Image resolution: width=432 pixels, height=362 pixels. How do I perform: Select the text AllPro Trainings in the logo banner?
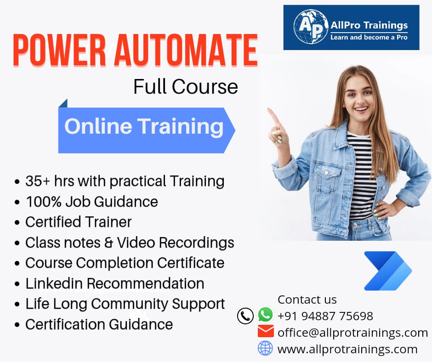click(x=369, y=25)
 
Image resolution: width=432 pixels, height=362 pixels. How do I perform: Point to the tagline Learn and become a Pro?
click(x=369, y=37)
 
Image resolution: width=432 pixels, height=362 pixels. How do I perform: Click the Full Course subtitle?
click(x=186, y=87)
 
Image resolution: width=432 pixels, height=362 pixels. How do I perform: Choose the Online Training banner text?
click(x=144, y=126)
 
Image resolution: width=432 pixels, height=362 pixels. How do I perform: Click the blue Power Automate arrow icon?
click(x=387, y=271)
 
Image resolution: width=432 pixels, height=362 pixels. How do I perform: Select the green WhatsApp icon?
click(x=265, y=315)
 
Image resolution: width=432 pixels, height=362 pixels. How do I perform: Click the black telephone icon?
click(x=245, y=316)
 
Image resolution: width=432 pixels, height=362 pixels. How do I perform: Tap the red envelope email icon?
click(x=266, y=331)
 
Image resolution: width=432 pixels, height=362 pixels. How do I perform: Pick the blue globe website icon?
click(x=265, y=348)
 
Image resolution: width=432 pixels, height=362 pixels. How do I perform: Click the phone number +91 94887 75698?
click(x=325, y=316)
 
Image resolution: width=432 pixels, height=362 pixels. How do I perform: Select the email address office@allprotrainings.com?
click(x=352, y=332)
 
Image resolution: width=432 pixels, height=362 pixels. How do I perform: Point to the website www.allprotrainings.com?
click(x=347, y=349)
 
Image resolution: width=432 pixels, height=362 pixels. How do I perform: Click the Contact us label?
click(x=307, y=300)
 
